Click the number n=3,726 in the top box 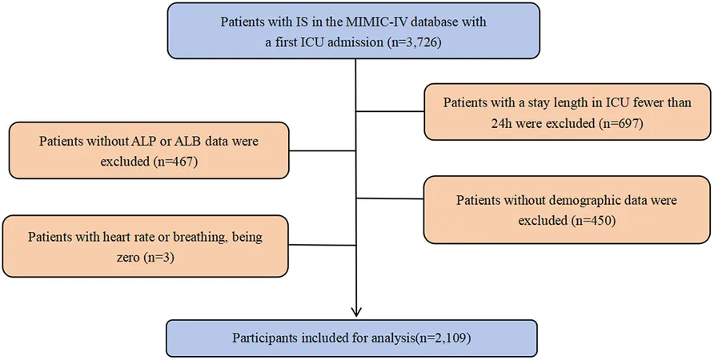tap(415, 44)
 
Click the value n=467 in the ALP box tap(176, 162)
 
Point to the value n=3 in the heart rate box tap(159, 258)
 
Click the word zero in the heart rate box tap(129, 258)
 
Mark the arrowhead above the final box tap(356, 311)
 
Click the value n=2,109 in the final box tap(448, 338)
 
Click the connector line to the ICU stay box tap(391, 111)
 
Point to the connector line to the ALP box tap(323, 151)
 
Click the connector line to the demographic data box tap(391, 198)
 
